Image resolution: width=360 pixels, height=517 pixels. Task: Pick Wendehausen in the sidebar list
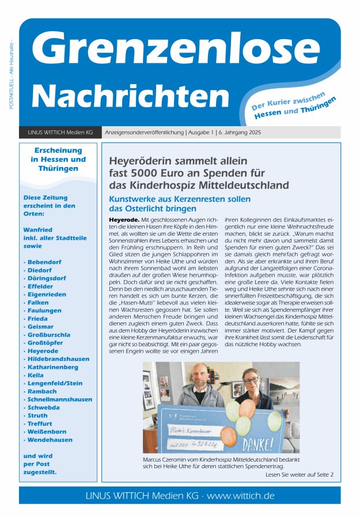coord(50,440)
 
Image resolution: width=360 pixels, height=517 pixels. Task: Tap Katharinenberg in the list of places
coord(54,367)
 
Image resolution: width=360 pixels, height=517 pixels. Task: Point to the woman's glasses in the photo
coord(251,380)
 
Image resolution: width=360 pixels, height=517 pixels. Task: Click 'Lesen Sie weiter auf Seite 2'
coord(300,475)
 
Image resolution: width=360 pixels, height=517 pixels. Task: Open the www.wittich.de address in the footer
coord(240,496)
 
